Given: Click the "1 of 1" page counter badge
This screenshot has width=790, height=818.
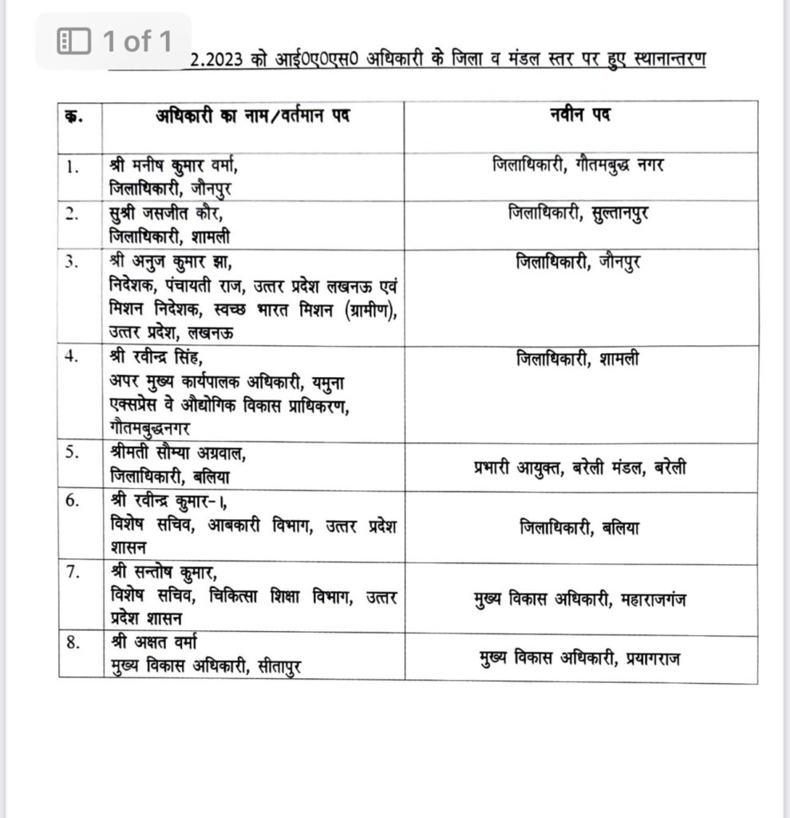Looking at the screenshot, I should pyautogui.click(x=114, y=42).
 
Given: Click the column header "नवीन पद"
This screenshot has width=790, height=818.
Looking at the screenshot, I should pyautogui.click(x=580, y=116).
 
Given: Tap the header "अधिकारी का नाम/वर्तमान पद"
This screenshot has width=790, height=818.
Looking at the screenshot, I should pyautogui.click(x=252, y=116).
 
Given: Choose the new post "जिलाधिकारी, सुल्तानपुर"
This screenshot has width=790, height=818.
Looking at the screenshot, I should pyautogui.click(x=580, y=213).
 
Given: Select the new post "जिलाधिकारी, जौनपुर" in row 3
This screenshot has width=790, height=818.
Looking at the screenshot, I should pyautogui.click(x=580, y=261).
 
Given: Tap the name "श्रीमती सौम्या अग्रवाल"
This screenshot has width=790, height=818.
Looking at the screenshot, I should pyautogui.click(x=176, y=454).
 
